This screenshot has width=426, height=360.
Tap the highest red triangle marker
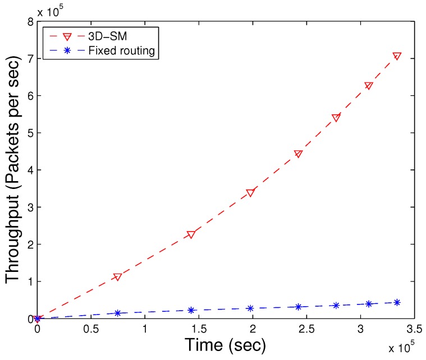(x=397, y=56)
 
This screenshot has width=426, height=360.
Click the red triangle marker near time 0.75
(x=117, y=276)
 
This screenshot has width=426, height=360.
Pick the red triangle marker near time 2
(x=250, y=192)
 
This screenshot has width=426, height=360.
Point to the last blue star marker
(x=397, y=302)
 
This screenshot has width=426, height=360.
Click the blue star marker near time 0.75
(x=117, y=313)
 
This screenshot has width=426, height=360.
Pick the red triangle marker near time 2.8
(x=336, y=118)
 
